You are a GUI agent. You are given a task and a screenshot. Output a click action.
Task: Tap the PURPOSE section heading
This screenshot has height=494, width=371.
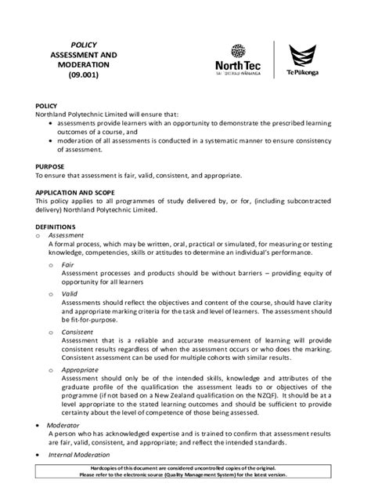click(52, 166)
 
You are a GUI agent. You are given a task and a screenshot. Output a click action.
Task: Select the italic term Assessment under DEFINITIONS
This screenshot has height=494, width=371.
click(66, 234)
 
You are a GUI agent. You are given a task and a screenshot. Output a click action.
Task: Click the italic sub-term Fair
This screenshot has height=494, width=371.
click(68, 265)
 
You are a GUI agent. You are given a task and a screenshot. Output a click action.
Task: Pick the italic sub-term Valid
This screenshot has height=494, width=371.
click(69, 295)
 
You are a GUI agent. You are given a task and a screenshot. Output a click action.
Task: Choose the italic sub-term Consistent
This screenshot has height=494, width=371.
click(77, 332)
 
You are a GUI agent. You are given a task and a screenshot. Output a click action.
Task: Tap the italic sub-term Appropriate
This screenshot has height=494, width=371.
click(80, 369)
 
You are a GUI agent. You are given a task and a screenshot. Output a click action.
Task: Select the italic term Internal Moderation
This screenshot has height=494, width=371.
click(81, 454)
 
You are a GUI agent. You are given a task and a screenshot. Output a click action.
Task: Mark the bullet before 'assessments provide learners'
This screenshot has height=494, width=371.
click(51, 123)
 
